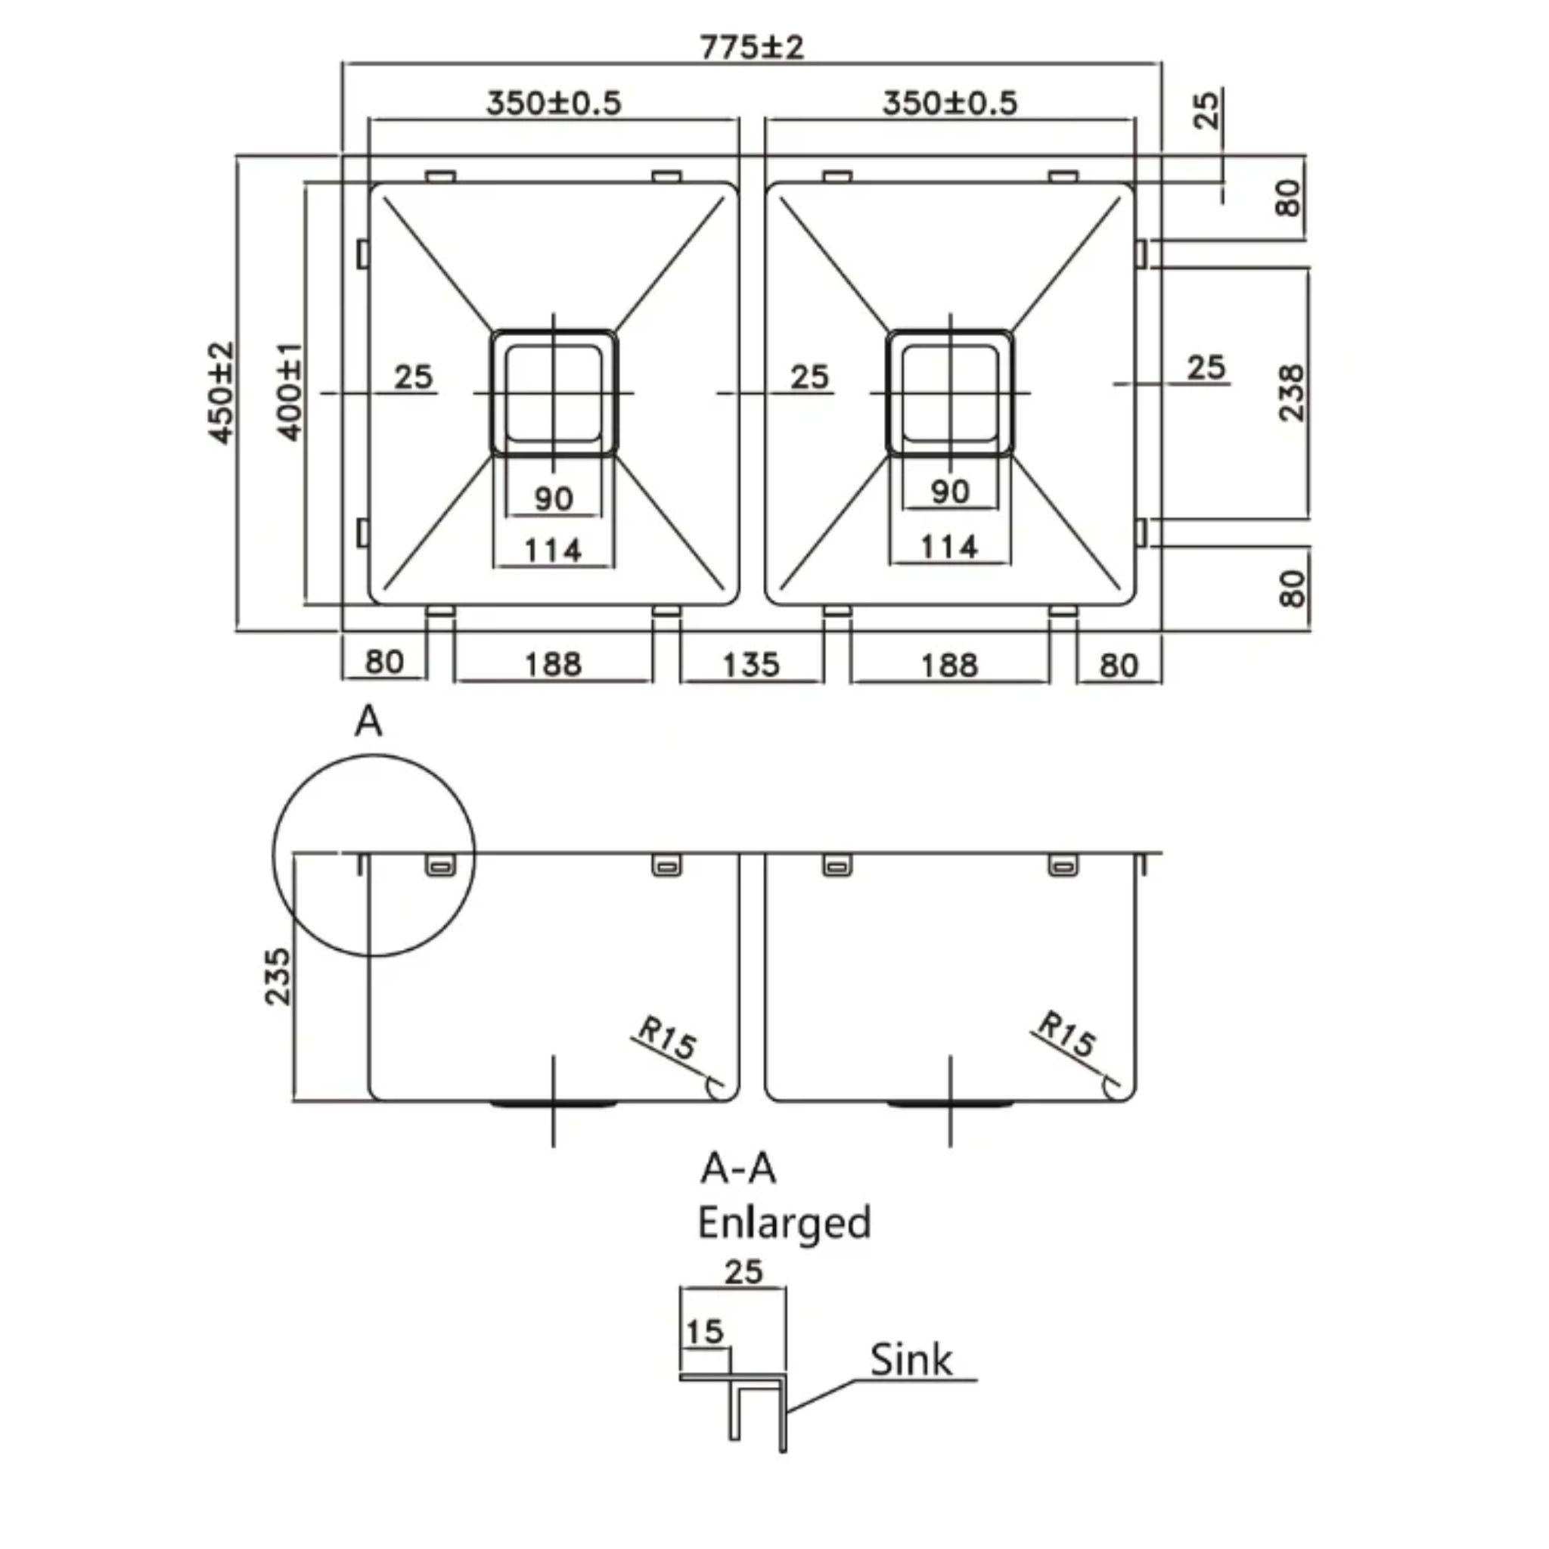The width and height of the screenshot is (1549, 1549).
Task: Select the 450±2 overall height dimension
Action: (x=222, y=393)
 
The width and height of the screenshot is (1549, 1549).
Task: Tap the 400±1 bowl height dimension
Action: (x=290, y=393)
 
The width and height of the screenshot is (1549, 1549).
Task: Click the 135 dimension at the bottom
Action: (x=750, y=665)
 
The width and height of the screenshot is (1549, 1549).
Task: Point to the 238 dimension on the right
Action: (x=1292, y=393)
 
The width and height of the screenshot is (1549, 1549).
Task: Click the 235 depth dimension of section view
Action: (x=278, y=976)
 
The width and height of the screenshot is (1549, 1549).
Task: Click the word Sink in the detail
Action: (x=911, y=1360)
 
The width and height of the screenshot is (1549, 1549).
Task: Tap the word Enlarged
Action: (x=784, y=1223)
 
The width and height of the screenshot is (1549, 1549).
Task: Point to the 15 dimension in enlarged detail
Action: (x=705, y=1332)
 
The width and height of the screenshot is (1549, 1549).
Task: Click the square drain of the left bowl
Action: (x=553, y=393)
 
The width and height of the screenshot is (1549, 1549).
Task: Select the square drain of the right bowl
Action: (x=950, y=393)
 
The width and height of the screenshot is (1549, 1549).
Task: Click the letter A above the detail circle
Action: (x=368, y=722)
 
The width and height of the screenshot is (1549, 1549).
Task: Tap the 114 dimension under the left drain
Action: (x=552, y=551)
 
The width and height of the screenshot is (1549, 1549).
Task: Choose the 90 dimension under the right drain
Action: (x=950, y=491)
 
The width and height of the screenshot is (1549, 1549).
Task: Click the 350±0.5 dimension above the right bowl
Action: (x=950, y=103)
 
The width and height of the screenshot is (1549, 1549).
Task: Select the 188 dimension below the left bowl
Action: (x=552, y=665)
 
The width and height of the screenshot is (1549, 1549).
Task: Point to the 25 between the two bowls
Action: (x=809, y=376)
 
